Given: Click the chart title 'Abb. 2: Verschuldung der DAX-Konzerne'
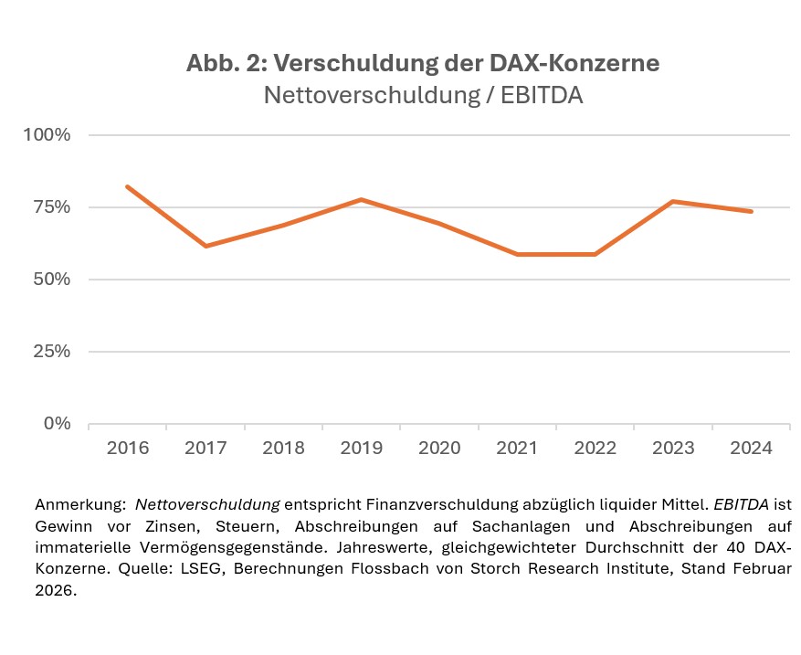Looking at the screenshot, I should click(x=423, y=63).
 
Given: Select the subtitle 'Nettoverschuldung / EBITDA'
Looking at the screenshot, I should click(x=423, y=94).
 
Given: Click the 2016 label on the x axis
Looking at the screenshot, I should click(x=128, y=449).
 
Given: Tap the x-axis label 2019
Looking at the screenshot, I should click(x=362, y=449).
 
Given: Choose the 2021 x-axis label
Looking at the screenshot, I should click(x=517, y=449).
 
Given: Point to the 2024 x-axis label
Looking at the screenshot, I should click(x=751, y=449).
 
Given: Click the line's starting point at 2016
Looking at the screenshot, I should click(x=128, y=186).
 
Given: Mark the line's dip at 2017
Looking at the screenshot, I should click(x=206, y=246).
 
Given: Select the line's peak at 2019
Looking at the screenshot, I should click(x=362, y=199).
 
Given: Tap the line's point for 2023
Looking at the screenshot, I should click(x=673, y=201).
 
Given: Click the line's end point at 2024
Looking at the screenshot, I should click(x=751, y=211).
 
